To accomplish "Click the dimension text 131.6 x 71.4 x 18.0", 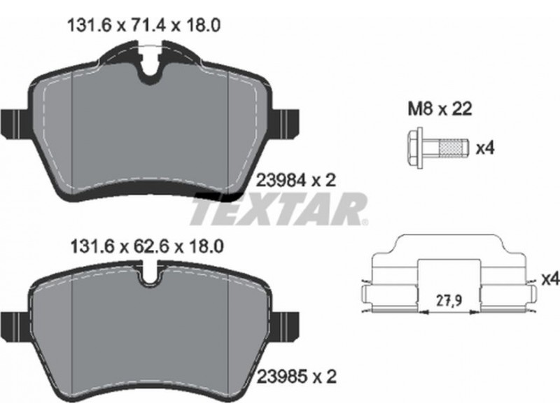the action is pyautogui.click(x=143, y=25).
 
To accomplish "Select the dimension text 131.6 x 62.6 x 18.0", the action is pyautogui.click(x=147, y=246).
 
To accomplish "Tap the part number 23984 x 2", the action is pyautogui.click(x=296, y=181).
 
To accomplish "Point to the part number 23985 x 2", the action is pyautogui.click(x=296, y=377).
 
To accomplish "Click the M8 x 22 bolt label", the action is pyautogui.click(x=440, y=108).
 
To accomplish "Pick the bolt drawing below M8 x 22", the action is pyautogui.click(x=437, y=147).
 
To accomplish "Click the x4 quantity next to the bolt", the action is pyautogui.click(x=485, y=148).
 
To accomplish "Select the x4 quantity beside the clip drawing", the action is pyautogui.click(x=550, y=279).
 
